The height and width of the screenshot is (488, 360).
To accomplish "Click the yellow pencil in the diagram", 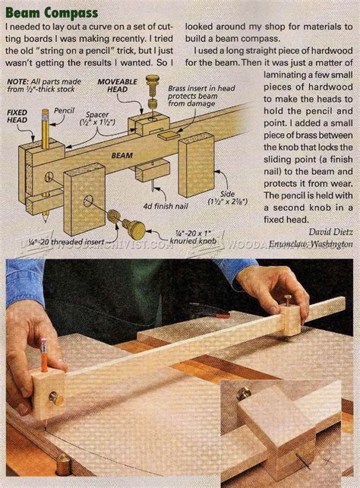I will pos(43,128).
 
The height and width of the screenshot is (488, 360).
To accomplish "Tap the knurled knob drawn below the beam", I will pos(134,227).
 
